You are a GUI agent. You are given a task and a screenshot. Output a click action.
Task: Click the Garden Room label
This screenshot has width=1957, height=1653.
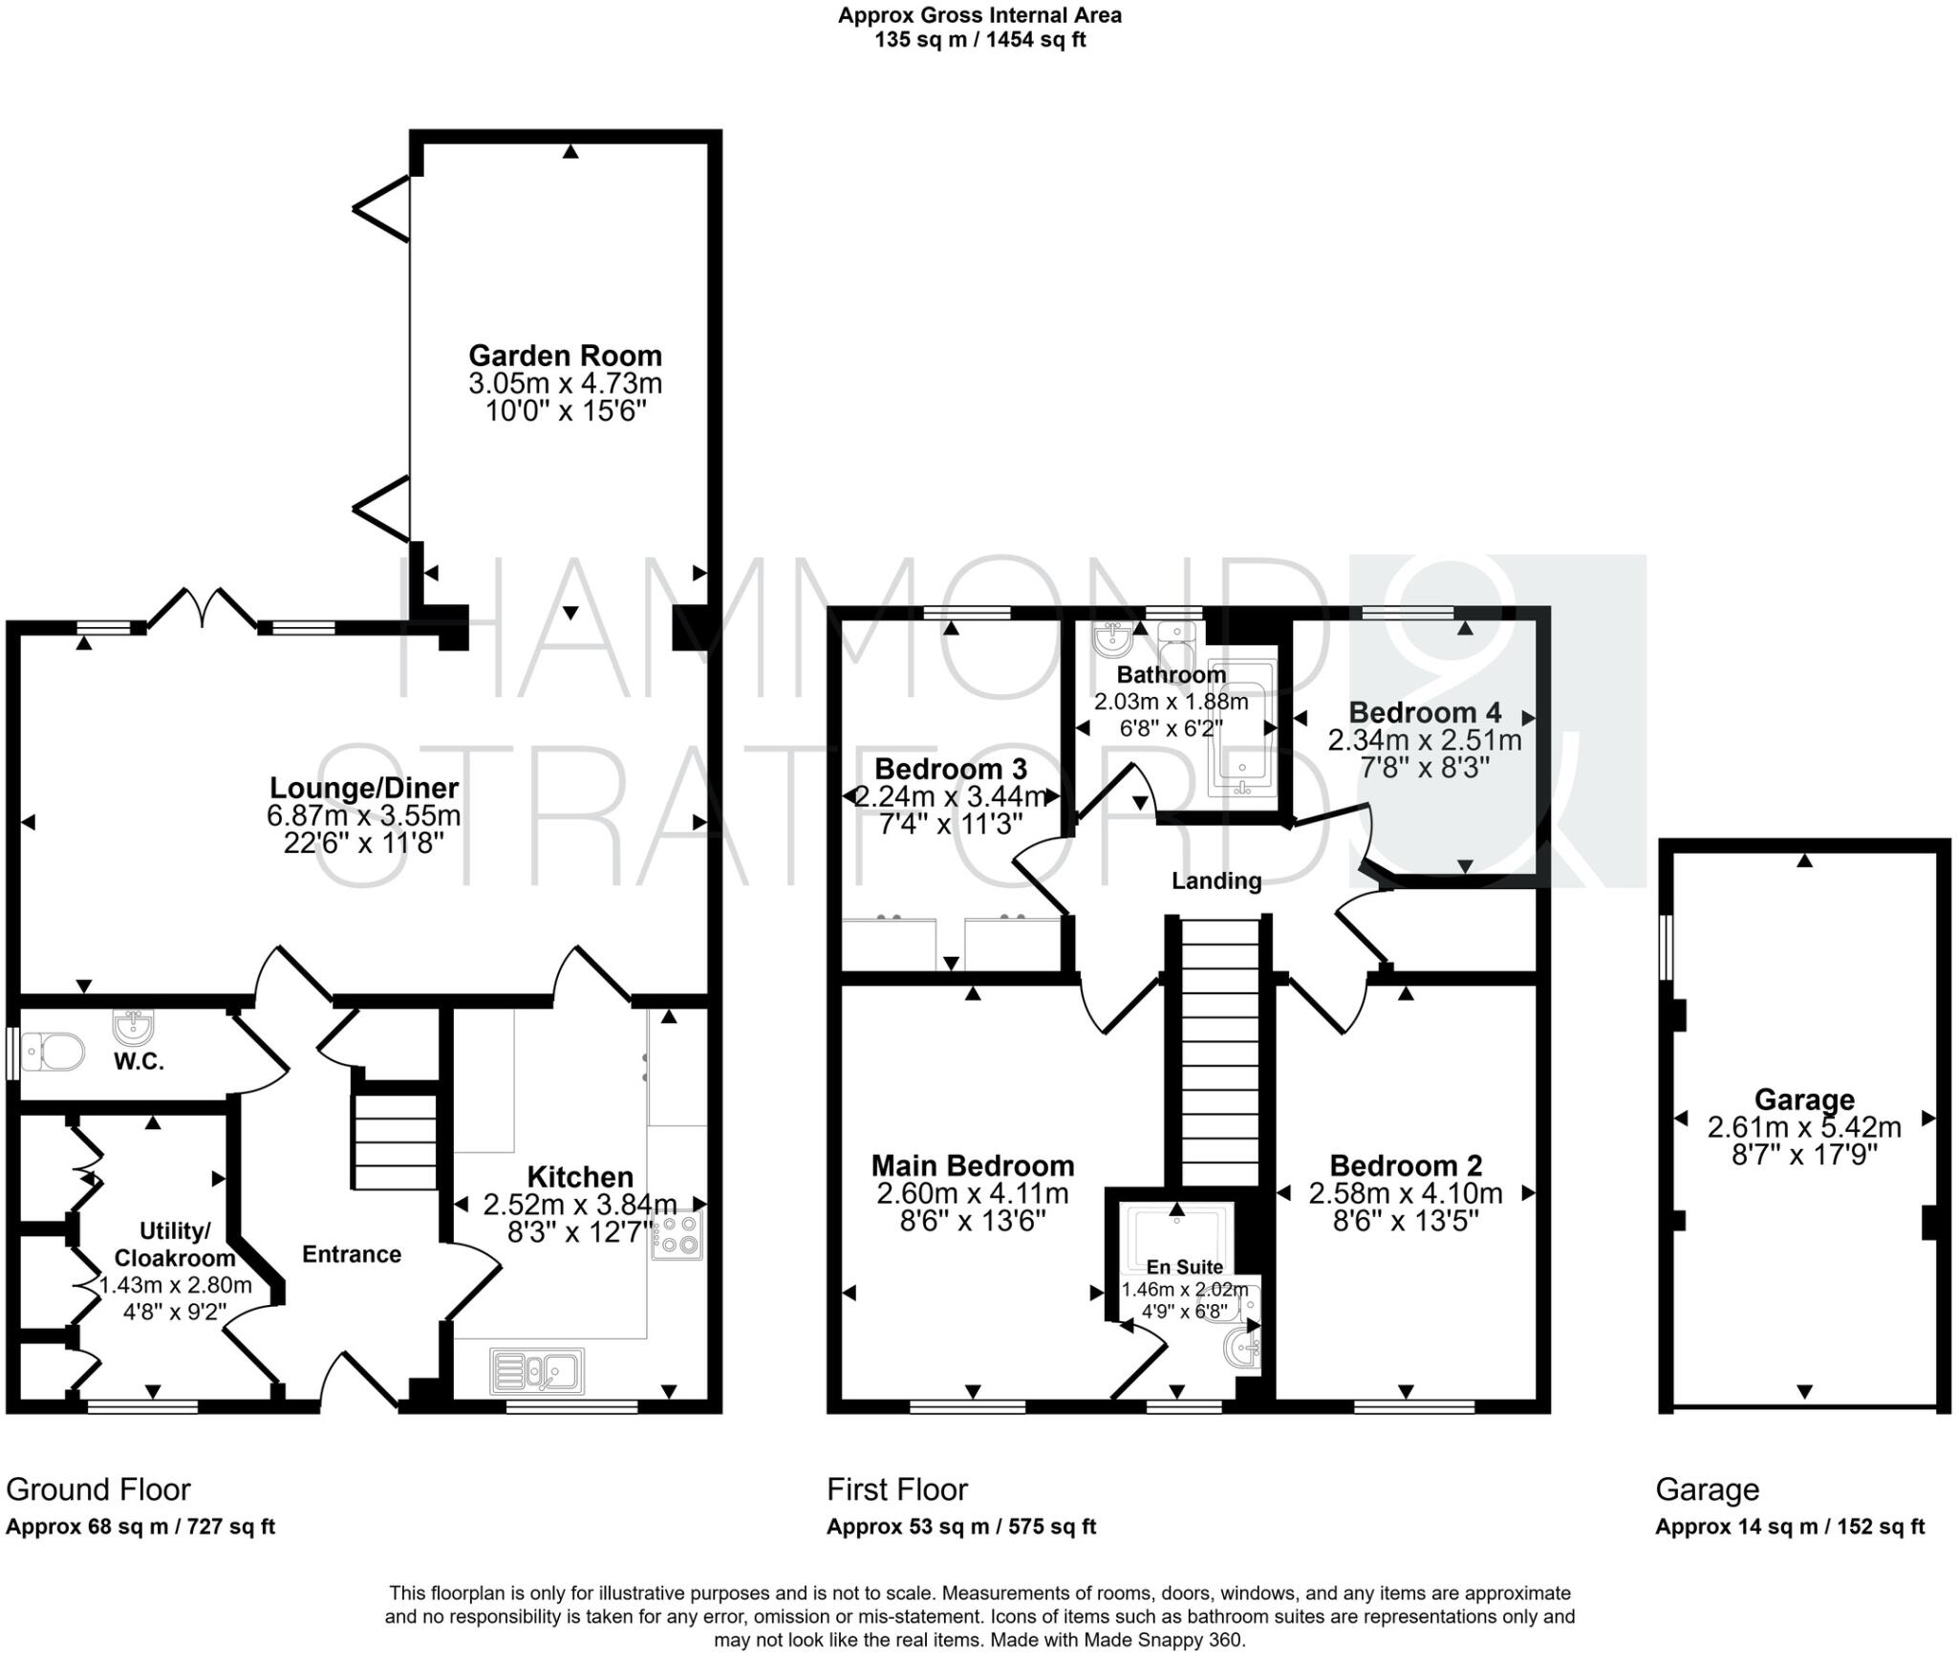(565, 356)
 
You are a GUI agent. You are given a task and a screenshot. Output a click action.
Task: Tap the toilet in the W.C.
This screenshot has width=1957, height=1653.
(53, 1053)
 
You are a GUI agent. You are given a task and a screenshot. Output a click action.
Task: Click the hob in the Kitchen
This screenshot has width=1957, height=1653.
(677, 1234)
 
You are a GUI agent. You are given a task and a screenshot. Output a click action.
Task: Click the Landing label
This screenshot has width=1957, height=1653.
(1216, 881)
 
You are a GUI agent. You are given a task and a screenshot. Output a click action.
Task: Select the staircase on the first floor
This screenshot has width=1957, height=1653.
(1220, 1052)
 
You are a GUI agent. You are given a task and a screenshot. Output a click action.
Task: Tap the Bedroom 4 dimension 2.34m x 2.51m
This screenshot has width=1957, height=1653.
(1424, 740)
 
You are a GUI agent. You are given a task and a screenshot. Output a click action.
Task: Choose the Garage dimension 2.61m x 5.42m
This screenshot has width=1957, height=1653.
(1804, 1127)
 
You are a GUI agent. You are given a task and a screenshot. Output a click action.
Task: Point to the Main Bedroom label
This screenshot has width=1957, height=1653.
(972, 1165)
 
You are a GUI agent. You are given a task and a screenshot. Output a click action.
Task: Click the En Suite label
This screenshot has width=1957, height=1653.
(1184, 1267)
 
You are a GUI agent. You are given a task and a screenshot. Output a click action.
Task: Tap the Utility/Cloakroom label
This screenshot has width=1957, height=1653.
(174, 1244)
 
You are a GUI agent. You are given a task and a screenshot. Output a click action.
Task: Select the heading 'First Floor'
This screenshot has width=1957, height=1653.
(896, 1490)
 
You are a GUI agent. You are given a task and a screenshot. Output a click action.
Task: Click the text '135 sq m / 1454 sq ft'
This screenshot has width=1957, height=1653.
(979, 40)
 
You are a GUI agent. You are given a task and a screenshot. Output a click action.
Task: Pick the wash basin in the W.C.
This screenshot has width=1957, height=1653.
(131, 1028)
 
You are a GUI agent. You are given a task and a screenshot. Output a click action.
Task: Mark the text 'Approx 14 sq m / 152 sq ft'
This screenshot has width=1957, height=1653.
(1790, 1527)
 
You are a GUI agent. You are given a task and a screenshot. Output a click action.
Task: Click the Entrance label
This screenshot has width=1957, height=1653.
(351, 1254)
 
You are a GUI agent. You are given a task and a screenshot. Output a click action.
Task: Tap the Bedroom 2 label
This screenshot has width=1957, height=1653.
(1406, 1165)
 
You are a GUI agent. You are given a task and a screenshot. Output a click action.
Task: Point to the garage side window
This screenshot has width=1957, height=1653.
(1666, 946)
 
